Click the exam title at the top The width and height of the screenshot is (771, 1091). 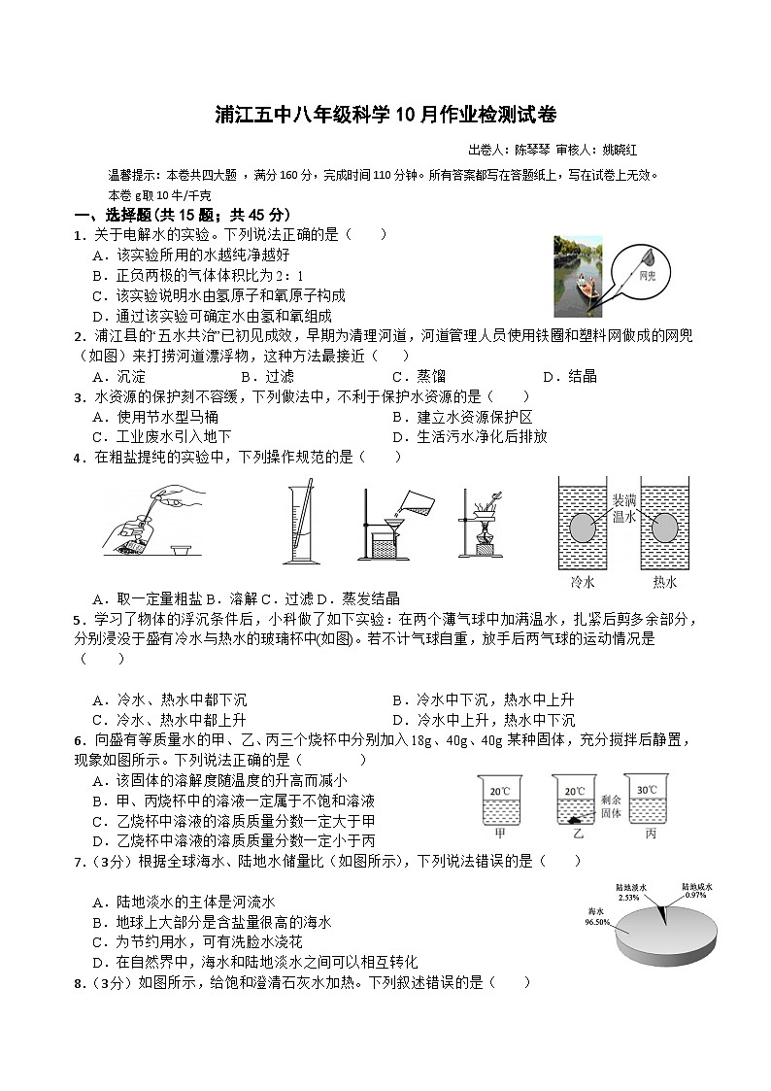385,115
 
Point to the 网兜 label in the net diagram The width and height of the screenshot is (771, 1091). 649,277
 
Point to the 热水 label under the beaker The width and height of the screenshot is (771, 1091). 665,583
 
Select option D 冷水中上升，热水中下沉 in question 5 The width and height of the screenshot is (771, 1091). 483,720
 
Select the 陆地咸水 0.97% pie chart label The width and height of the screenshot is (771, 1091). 696,890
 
